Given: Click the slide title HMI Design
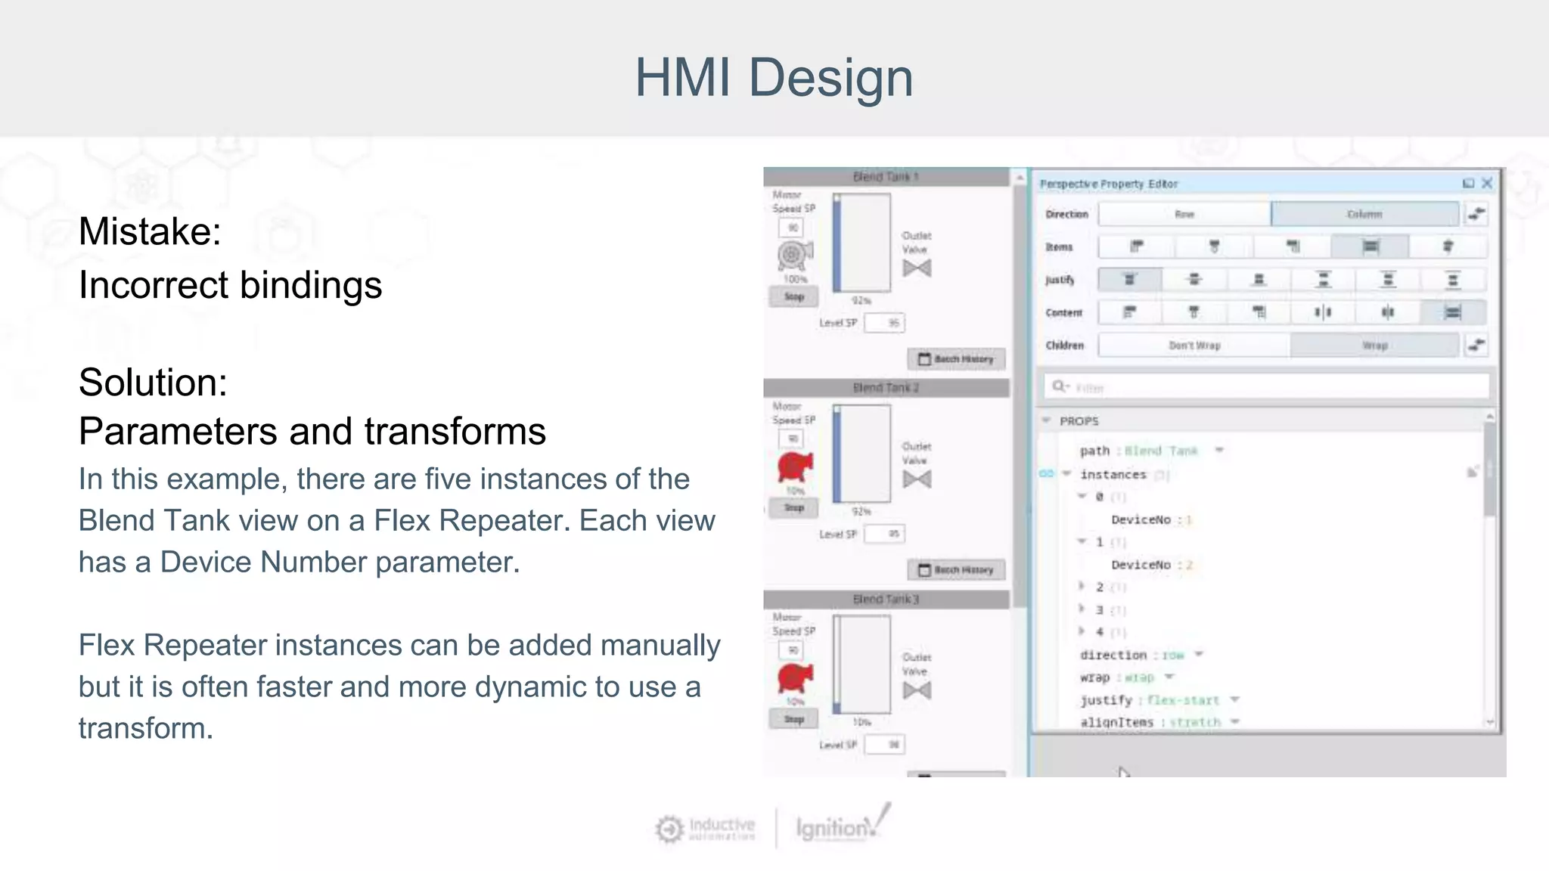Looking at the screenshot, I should click(x=774, y=78).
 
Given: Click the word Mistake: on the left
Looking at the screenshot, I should click(x=150, y=231).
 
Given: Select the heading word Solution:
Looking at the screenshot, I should click(x=153, y=383).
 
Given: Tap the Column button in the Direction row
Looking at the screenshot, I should click(x=1364, y=214).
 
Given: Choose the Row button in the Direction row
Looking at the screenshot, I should click(x=1184, y=214).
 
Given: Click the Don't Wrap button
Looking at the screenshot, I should click(x=1194, y=346).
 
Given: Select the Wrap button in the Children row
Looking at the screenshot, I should click(x=1374, y=346).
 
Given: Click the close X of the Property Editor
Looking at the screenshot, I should click(x=1487, y=183).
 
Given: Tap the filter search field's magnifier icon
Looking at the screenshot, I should click(x=1059, y=386).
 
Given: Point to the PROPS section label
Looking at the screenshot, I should click(x=1079, y=421).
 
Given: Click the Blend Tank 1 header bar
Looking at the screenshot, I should click(x=886, y=177).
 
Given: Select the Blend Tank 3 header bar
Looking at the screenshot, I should click(x=886, y=599).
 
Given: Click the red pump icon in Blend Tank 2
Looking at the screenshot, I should click(x=794, y=467).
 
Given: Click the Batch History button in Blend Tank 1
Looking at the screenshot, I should click(x=956, y=359).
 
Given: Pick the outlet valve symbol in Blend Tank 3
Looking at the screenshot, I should click(x=917, y=690).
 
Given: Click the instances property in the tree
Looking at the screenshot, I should click(x=1113, y=475).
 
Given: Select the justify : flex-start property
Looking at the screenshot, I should click(x=1150, y=700).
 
